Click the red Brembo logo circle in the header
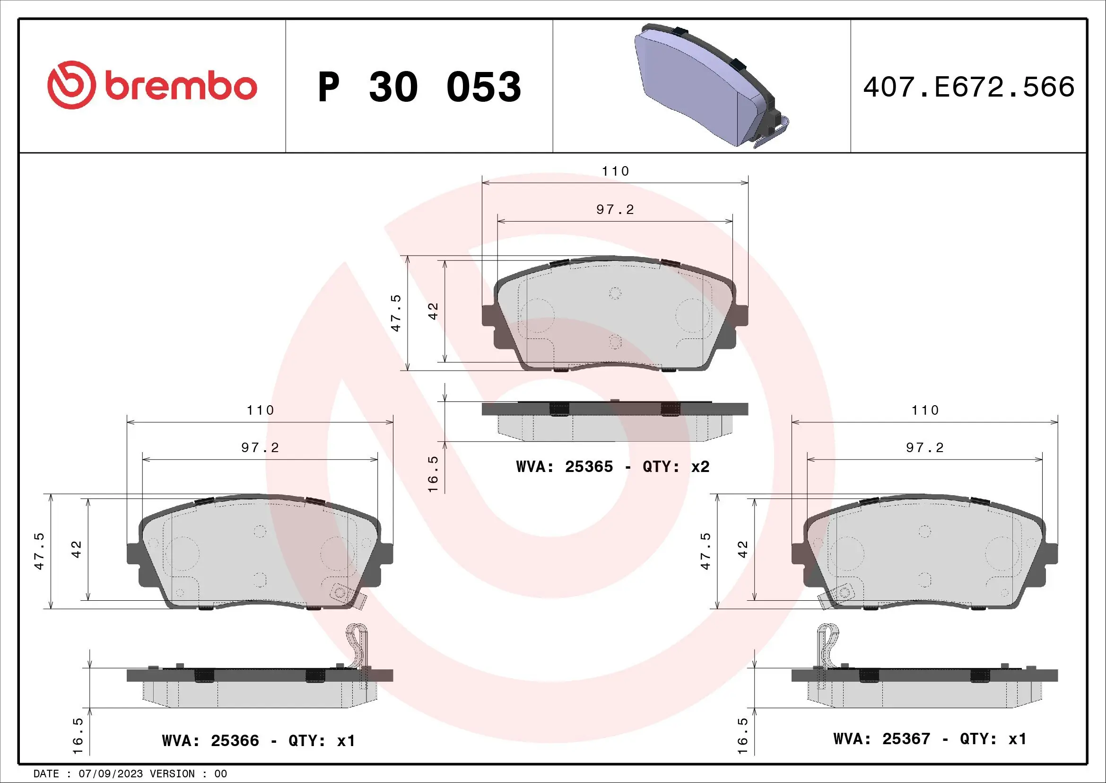pos(70,85)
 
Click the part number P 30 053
pos(419,87)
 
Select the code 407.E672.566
pos(968,87)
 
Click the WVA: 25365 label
pos(564,467)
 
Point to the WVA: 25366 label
pos(210,740)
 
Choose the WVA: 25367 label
pos(881,739)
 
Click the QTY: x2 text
pos(676,467)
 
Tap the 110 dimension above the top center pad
pos(615,171)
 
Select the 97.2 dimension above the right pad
pos(924,447)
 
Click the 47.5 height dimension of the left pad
pos(40,551)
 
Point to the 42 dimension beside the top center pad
pos(434,311)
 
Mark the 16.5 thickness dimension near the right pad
pos(743,736)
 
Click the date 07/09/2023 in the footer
pos(110,774)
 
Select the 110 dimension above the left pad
pos(260,410)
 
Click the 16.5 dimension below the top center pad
pos(433,474)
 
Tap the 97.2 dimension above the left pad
pos(260,447)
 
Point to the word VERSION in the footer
pos(173,774)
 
